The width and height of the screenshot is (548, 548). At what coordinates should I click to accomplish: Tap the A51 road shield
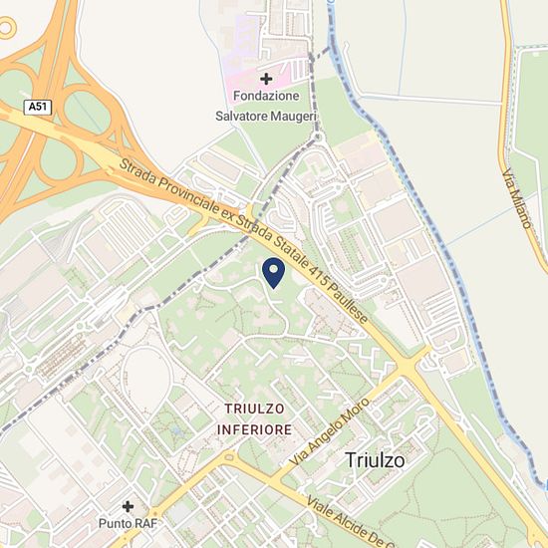click(x=36, y=107)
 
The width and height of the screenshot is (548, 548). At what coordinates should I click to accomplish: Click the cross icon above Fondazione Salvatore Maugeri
click(x=266, y=78)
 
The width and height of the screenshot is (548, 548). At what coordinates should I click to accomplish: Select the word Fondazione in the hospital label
click(x=266, y=96)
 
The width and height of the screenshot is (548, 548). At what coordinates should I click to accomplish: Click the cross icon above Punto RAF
click(x=128, y=506)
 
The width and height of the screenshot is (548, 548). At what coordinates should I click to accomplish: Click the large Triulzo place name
click(x=376, y=459)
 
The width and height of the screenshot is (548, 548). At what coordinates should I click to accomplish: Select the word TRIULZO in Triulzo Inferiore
click(x=254, y=410)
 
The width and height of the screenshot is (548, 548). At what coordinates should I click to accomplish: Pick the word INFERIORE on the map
click(x=255, y=429)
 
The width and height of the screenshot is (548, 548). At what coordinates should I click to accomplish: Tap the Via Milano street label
click(x=515, y=199)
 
